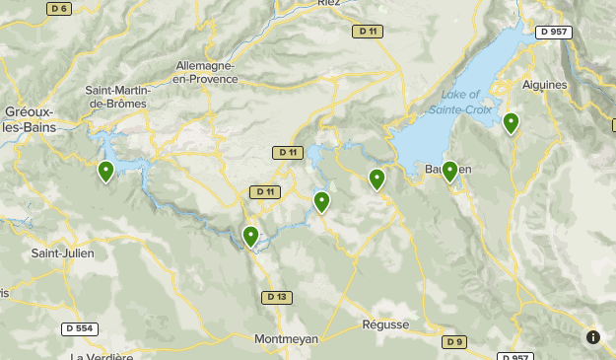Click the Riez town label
328,4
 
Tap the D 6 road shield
58,8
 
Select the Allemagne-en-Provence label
206,72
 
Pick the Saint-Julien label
63,253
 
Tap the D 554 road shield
80,328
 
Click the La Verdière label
103,355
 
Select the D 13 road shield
277,297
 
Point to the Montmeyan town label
287,338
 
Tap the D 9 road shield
452,342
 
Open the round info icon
592,337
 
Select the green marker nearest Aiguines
511,123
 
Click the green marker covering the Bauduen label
449,172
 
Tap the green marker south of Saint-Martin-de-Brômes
105,172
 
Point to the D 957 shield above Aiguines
555,32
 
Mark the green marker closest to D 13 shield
251,236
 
